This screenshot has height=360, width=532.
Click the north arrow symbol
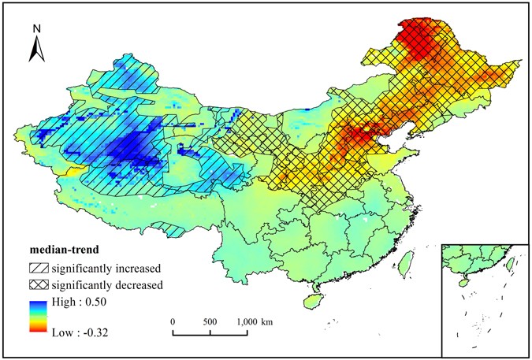point(36,49)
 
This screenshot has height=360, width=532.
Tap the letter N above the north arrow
point(36,28)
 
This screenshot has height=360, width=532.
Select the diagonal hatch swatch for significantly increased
point(39,269)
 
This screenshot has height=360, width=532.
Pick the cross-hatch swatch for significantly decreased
point(39,284)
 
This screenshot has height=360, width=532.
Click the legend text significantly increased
point(106,269)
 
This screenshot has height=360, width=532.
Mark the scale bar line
point(210,333)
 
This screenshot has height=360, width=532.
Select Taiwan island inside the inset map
point(508,265)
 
